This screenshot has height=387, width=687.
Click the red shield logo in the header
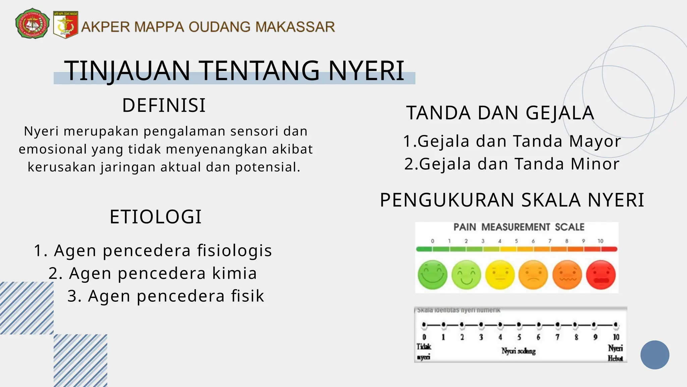(66, 25)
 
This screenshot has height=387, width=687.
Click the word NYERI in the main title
(366, 71)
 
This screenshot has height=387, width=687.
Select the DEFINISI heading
(164, 105)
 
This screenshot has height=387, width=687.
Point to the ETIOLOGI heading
(156, 217)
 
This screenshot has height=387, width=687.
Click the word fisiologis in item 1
(234, 251)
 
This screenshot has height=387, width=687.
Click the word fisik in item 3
(247, 296)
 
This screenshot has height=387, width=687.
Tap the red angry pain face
(600, 275)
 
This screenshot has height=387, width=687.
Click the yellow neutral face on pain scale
(500, 275)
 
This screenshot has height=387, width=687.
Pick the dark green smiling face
(432, 275)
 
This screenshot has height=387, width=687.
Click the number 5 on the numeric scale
(519, 337)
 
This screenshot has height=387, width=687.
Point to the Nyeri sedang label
(518, 351)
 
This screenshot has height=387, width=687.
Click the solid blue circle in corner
(654, 355)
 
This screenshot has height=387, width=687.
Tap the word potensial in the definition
(267, 167)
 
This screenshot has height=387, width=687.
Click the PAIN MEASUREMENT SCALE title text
(519, 227)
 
